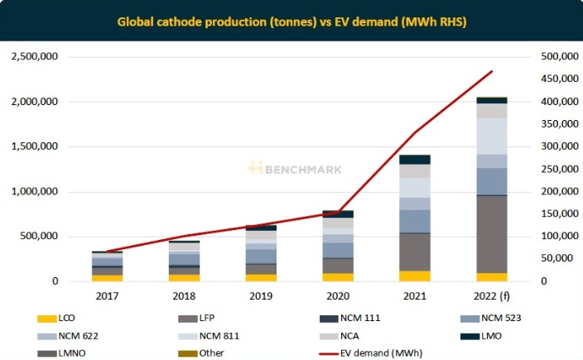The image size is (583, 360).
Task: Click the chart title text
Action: pyautogui.click(x=291, y=20)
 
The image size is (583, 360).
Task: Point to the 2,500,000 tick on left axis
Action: pyautogui.click(x=33, y=56)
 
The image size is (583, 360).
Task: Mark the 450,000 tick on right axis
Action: pyautogui.click(x=556, y=79)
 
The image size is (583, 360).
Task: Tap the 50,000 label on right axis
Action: pyautogui.click(x=558, y=258)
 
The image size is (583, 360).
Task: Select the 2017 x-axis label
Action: pyautogui.click(x=107, y=295)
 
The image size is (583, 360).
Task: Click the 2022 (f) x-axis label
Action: pyautogui.click(x=491, y=295)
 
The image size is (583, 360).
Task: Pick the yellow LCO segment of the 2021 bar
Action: pyautogui.click(x=415, y=276)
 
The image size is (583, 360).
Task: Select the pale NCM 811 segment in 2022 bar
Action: pyautogui.click(x=491, y=136)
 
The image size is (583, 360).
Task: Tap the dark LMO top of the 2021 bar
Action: pyautogui.click(x=415, y=159)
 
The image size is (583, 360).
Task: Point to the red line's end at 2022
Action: pyautogui.click(x=492, y=72)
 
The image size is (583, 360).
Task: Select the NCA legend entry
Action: pyautogui.click(x=357, y=336)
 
